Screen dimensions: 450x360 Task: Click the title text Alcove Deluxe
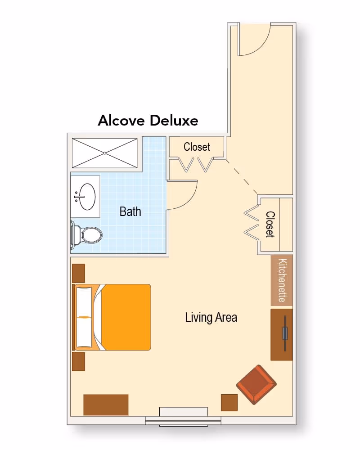pyautogui.click(x=148, y=121)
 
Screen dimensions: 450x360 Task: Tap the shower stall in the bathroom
pyautogui.click(x=104, y=153)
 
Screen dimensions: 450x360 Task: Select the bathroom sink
pyautogui.click(x=85, y=197)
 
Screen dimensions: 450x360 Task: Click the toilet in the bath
pyautogui.click(x=88, y=234)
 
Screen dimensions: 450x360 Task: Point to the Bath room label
pyautogui.click(x=130, y=211)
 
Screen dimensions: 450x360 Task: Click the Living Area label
pyautogui.click(x=211, y=317)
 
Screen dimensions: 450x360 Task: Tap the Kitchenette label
pyautogui.click(x=282, y=280)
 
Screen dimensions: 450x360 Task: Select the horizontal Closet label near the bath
pyautogui.click(x=197, y=147)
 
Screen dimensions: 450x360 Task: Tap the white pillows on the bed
pyautogui.click(x=84, y=317)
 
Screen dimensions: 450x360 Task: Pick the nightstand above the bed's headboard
pyautogui.click(x=78, y=273)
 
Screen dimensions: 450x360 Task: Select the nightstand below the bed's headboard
pyautogui.click(x=78, y=361)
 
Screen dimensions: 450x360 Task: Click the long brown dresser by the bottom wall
pyautogui.click(x=106, y=405)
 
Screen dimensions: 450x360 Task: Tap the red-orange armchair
pyautogui.click(x=256, y=385)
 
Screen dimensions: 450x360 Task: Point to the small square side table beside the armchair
pyautogui.click(x=229, y=402)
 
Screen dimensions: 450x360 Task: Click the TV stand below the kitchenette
pyautogui.click(x=281, y=334)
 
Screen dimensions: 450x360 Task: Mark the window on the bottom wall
pyautogui.click(x=183, y=416)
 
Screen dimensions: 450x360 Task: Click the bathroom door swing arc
pyautogui.click(x=182, y=195)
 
